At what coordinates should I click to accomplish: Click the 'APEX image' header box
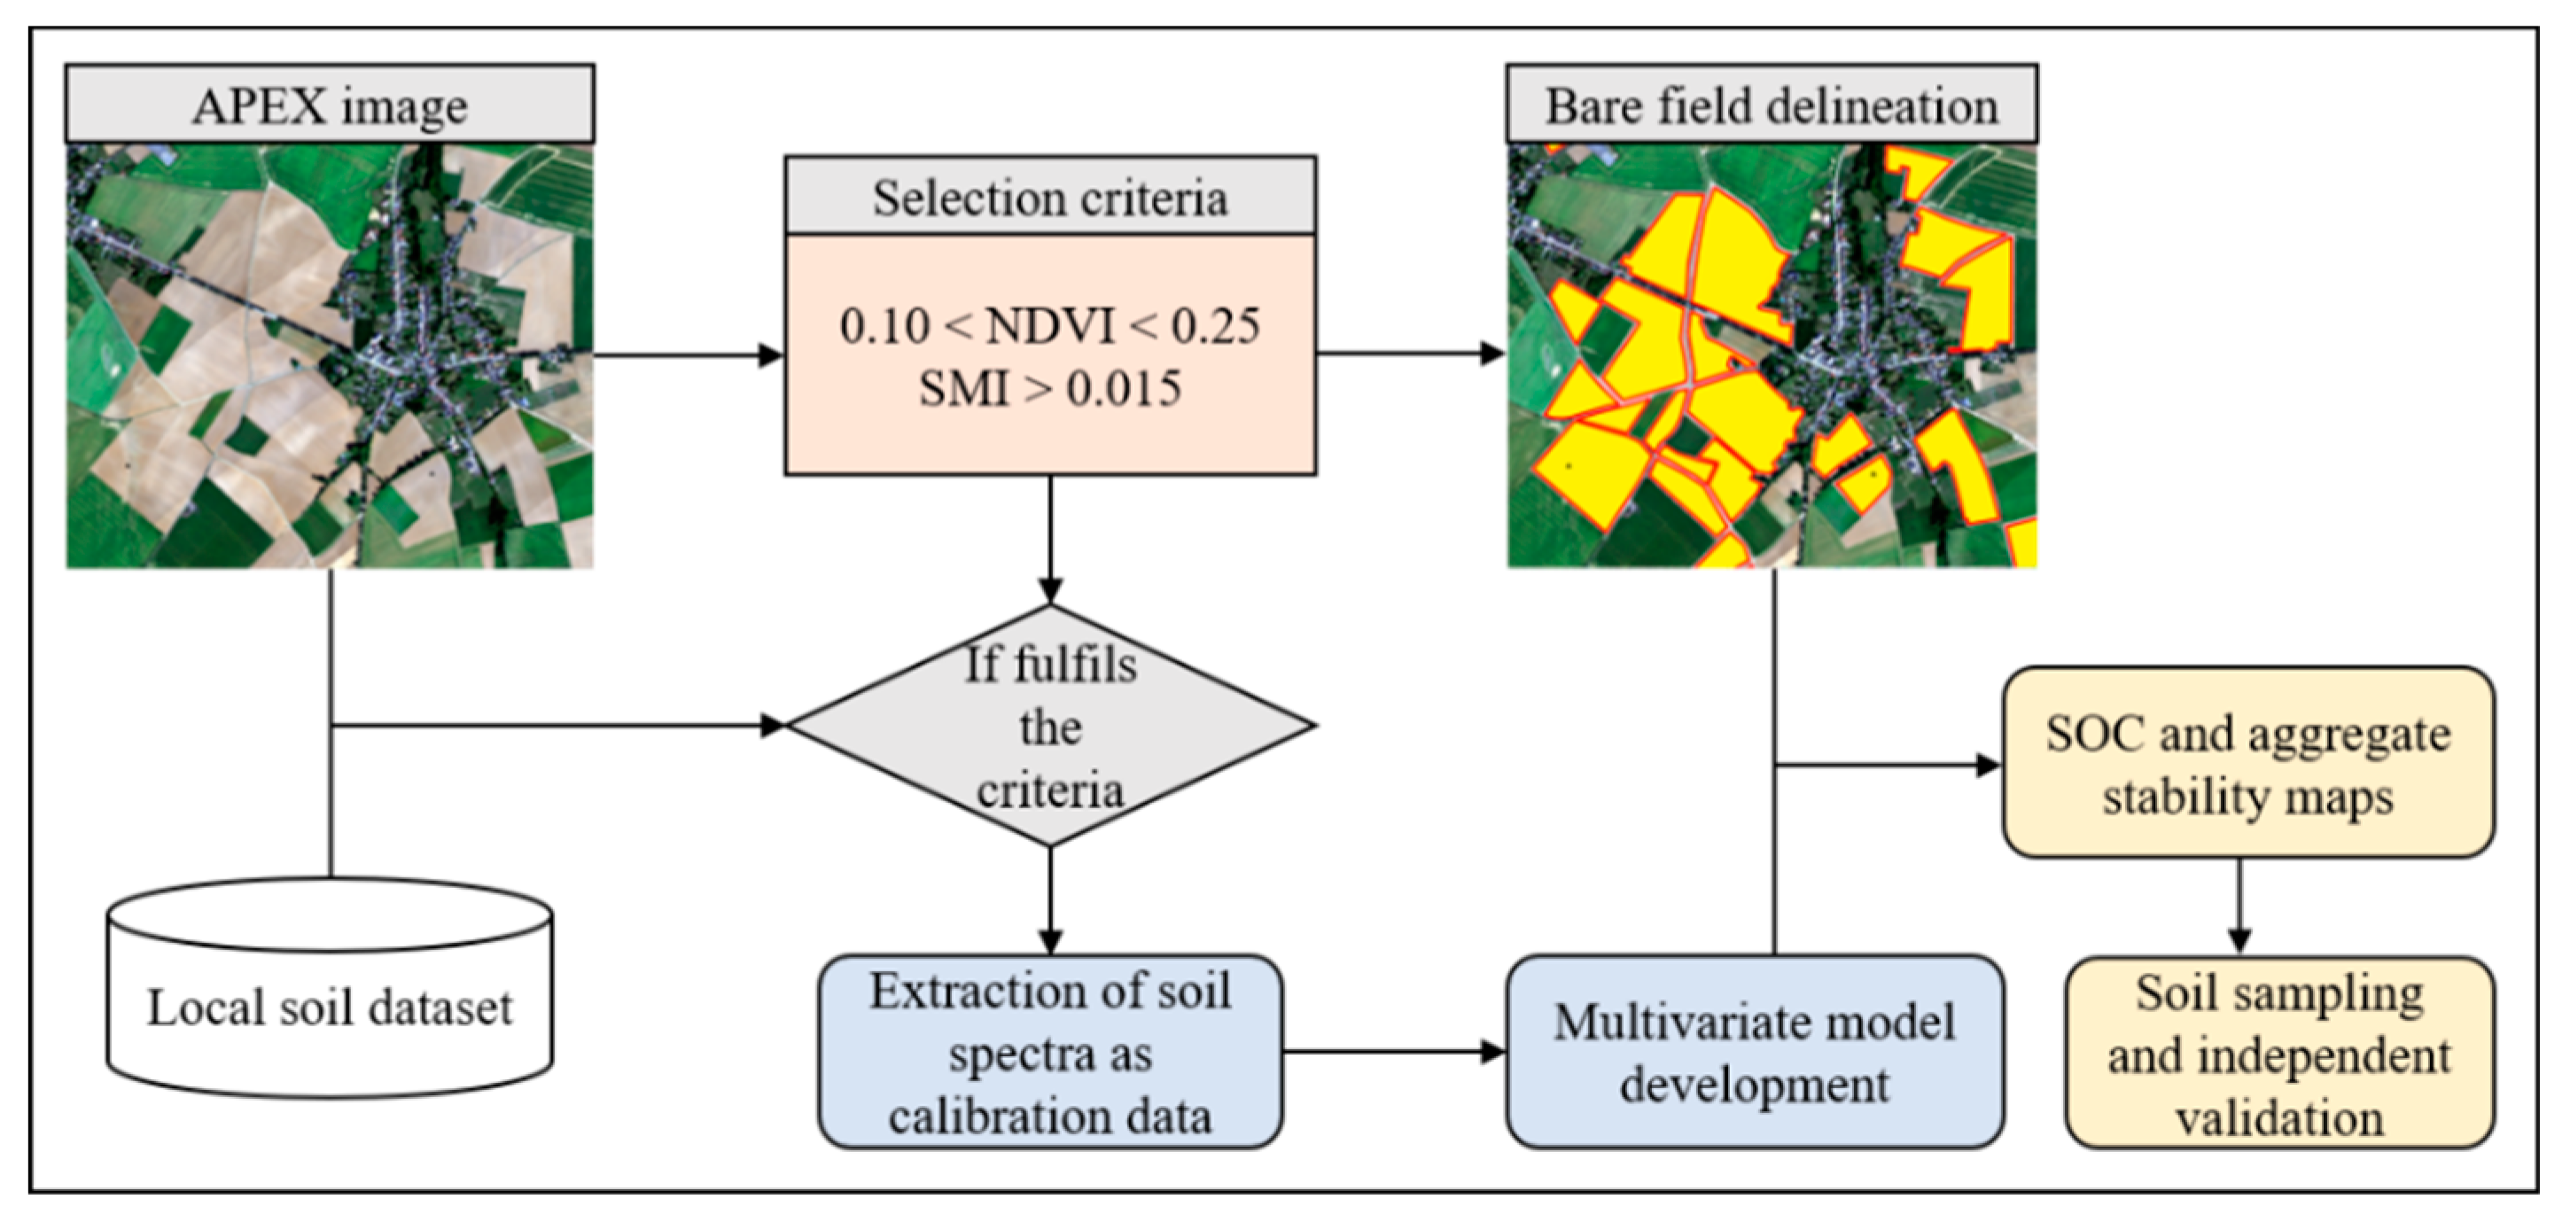pos(330,105)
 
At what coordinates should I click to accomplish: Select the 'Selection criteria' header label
pos(1049,198)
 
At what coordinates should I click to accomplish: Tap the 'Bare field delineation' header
pos(1771,105)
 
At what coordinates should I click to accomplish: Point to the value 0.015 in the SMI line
pos(1124,388)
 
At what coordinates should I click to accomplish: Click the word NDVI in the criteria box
pos(1049,326)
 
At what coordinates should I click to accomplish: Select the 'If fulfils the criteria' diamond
pos(1049,727)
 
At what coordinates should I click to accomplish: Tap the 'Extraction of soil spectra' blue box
pos(1049,1053)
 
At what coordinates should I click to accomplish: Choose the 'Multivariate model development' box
pos(1754,1053)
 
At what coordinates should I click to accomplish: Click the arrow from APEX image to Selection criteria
pos(689,354)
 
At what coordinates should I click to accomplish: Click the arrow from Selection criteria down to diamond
pos(1049,539)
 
